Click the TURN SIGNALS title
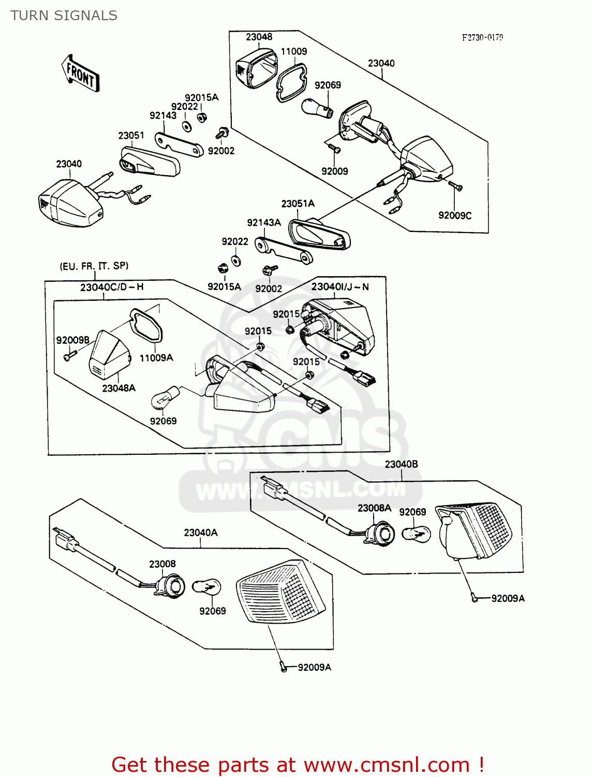pos(64,16)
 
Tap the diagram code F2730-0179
pos(482,37)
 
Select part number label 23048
pos(259,37)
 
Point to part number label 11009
pos(293,51)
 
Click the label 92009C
pos(455,215)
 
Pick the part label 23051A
pos(298,204)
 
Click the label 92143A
pos(263,223)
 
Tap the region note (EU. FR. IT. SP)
pos(94,266)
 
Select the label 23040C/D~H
pos(112,287)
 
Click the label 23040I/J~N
pos(340,287)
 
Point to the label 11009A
pos(156,358)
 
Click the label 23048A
pos(118,388)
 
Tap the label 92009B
pos(72,340)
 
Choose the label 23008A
pos(374,508)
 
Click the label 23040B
pos(401,464)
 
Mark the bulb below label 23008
pos(206,587)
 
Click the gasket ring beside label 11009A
pos(146,324)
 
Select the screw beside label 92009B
pos(69,356)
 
